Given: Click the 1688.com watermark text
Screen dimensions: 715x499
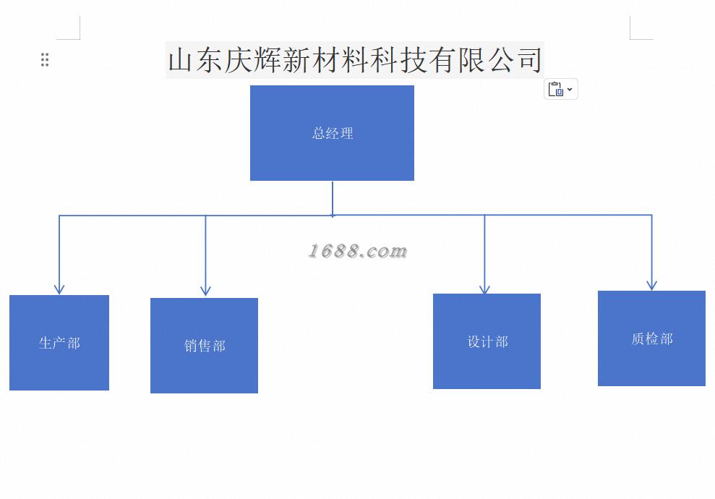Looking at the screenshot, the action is [358, 251].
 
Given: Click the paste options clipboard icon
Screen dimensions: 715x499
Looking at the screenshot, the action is [555, 89].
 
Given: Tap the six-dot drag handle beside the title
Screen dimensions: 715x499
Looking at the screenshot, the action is [45, 60].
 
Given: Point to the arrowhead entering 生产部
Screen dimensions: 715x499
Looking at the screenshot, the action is [59, 289].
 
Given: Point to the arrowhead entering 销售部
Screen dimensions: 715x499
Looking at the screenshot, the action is [205, 291].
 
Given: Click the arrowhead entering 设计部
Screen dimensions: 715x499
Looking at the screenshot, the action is [484, 289].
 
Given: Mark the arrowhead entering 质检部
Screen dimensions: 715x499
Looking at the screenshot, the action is [651, 285].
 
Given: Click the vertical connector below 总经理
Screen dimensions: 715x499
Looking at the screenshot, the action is [333, 197].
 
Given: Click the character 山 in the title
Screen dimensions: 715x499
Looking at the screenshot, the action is [181, 60].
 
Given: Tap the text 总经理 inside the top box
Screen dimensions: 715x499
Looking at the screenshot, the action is [333, 133].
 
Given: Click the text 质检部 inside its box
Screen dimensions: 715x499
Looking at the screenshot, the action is [651, 338].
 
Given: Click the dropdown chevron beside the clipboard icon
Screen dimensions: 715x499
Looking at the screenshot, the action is [570, 89].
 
